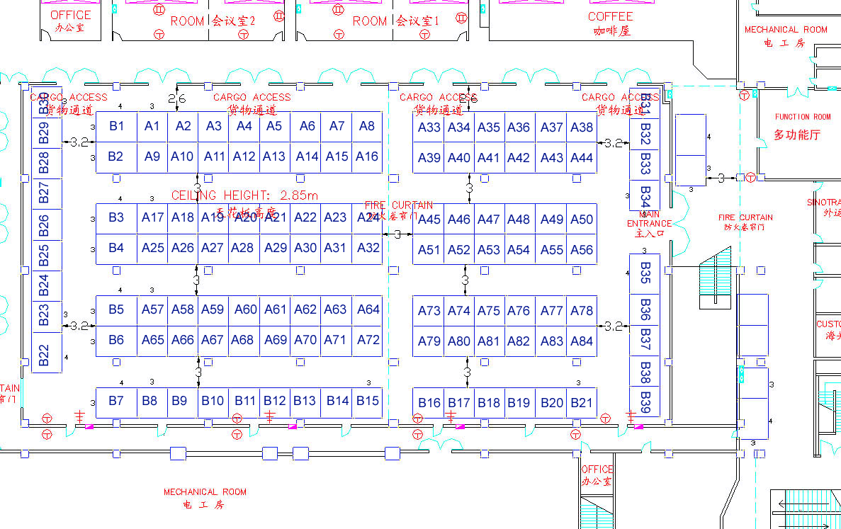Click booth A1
152,126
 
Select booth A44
582,157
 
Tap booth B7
116,401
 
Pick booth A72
368,339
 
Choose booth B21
582,402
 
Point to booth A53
489,249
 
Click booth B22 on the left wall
44,355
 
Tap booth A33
429,127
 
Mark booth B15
368,401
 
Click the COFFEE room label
610,16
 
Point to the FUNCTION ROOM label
802,117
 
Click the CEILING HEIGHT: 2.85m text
244,195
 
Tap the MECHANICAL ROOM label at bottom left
205,491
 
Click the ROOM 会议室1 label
395,21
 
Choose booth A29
276,248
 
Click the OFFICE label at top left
71,15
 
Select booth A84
582,341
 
